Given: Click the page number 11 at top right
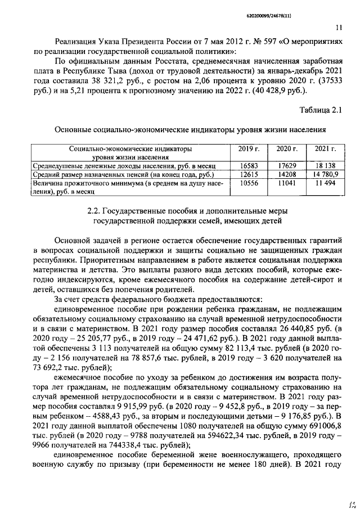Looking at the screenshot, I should point(338,26).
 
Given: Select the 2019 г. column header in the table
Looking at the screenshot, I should point(248,149).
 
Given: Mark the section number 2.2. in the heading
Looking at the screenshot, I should point(97,210).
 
